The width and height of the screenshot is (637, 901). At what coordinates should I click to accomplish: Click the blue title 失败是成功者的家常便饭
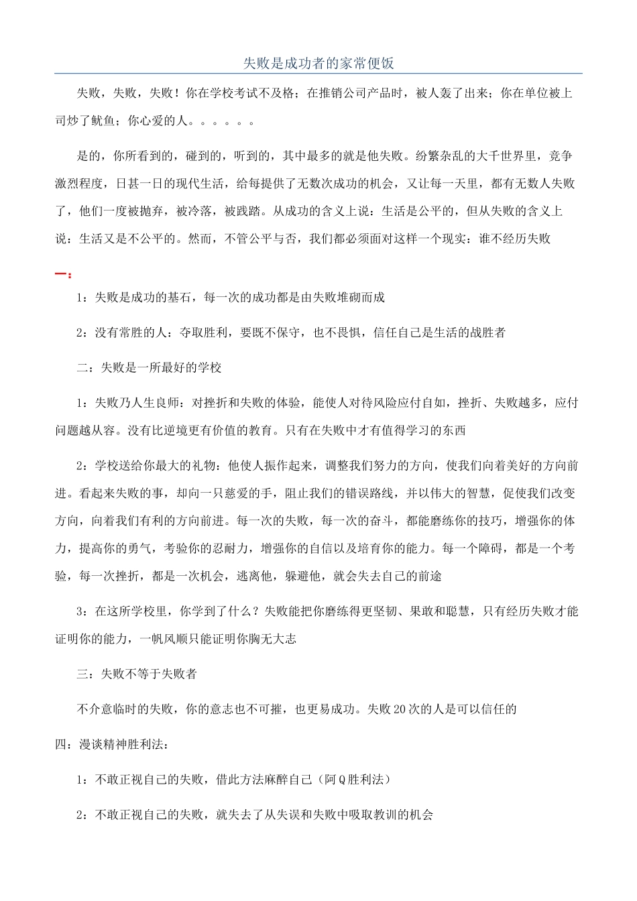coord(318,64)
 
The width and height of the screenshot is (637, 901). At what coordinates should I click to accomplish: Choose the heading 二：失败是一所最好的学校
coord(149,367)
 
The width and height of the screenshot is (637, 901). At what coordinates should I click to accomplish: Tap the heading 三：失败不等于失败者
coord(137,674)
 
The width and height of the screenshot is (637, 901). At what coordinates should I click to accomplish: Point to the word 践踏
coord(249,211)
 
